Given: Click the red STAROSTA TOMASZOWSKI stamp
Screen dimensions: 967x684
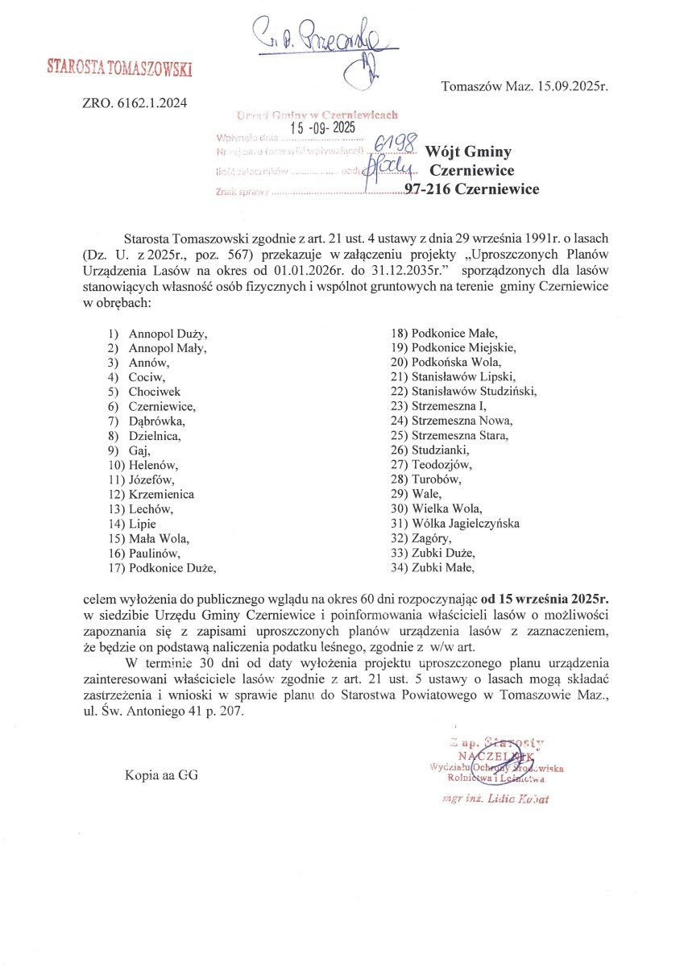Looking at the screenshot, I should (119, 68).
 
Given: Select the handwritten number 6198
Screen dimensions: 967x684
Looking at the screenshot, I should (396, 145).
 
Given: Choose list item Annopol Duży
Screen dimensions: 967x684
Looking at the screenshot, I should (168, 332).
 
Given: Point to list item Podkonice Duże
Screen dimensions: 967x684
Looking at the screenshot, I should (172, 567).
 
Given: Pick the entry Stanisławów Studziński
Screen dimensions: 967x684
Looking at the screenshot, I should (474, 392).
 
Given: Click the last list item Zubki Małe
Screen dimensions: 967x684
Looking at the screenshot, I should (443, 567).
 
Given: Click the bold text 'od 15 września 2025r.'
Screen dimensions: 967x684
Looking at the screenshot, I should (545, 599).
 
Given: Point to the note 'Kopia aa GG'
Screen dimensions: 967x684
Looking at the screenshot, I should (161, 776).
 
